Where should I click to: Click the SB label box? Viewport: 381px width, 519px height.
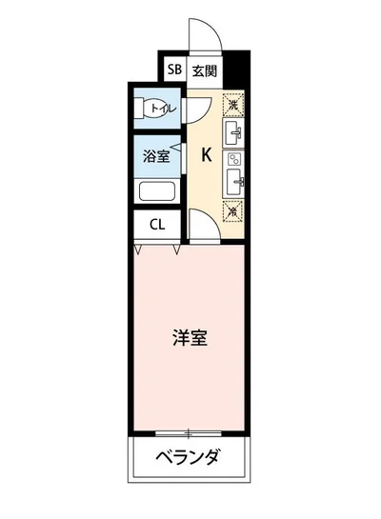[x=174, y=70]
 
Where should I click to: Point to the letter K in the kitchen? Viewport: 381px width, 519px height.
[x=205, y=156]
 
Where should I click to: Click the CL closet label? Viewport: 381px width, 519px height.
[x=157, y=226]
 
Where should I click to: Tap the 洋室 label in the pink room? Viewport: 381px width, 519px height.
[x=190, y=337]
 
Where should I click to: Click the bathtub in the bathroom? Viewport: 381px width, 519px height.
[x=159, y=191]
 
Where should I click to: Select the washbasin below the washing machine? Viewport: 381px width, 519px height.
[x=234, y=132]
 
